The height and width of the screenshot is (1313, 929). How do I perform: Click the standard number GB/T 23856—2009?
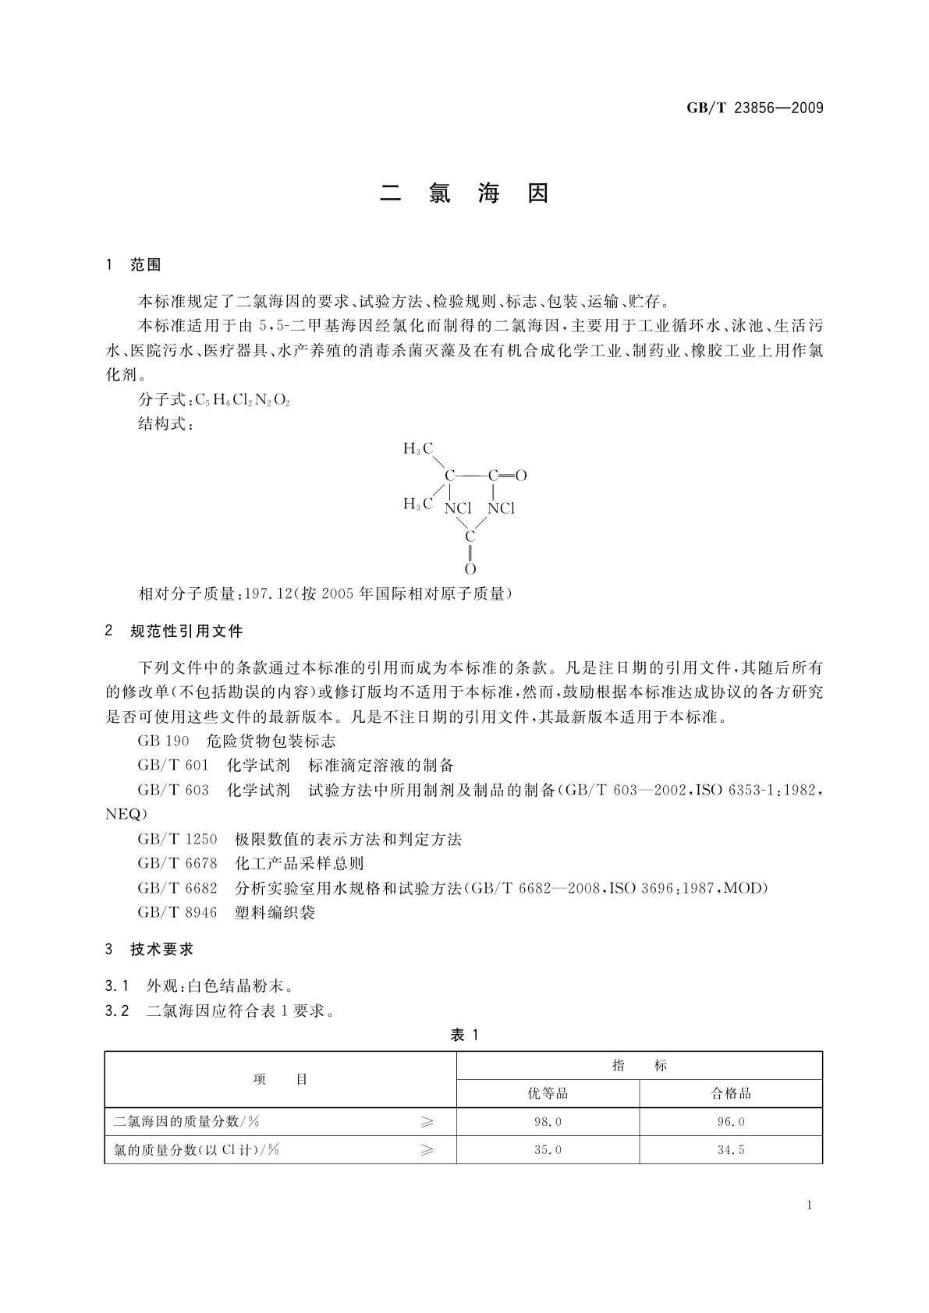754,108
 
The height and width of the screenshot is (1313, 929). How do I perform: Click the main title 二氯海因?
465,193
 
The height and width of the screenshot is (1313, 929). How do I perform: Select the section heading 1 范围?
133,265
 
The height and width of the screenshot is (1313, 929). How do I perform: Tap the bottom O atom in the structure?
470,569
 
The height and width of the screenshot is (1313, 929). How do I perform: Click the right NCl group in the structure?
502,508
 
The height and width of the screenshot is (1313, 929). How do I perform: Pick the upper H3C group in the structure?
418,448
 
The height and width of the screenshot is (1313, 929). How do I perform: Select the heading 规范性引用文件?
186,631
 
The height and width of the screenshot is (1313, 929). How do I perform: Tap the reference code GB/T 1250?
177,839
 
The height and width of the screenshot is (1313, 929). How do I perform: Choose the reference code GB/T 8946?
177,912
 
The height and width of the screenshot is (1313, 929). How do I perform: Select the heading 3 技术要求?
150,949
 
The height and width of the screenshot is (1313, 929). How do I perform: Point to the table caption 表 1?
464,1035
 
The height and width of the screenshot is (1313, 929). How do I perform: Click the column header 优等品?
548,1093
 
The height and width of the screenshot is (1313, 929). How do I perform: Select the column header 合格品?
731,1093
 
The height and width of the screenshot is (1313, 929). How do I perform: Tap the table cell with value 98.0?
548,1122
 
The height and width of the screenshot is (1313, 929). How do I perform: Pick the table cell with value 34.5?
731,1150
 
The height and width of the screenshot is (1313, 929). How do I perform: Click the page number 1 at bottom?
809,1205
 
